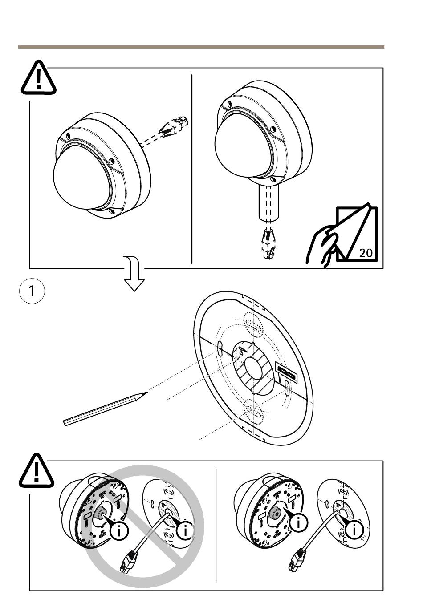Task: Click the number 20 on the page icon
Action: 366,253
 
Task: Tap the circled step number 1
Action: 32,291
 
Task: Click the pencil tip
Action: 145,393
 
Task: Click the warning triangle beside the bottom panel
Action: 37,470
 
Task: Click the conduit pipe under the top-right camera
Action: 268,203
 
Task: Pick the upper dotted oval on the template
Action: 253,324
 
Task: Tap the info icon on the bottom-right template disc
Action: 354,530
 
